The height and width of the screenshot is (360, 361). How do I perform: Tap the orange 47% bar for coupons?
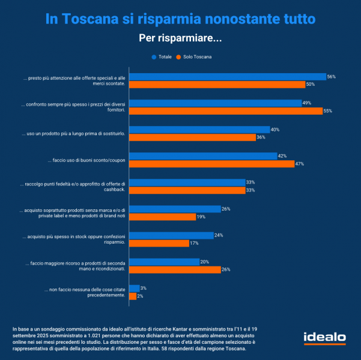point(212,164)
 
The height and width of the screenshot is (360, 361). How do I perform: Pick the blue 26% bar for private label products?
point(175,209)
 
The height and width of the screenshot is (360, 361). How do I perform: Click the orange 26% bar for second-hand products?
point(175,269)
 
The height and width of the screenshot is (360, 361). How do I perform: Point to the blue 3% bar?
point(135,289)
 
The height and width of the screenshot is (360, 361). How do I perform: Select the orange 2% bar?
point(133,296)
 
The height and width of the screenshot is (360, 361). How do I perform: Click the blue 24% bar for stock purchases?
point(172,235)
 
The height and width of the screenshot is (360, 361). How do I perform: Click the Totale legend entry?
point(163,57)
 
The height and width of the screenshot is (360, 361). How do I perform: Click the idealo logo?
point(324,338)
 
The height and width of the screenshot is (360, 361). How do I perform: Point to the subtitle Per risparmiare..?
point(180,38)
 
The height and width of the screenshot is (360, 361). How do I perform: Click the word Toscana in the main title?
point(97,19)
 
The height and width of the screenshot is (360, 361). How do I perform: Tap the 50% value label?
point(311,85)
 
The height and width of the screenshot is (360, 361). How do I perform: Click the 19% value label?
point(201,217)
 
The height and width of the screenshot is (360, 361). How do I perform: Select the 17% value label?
point(194,243)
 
